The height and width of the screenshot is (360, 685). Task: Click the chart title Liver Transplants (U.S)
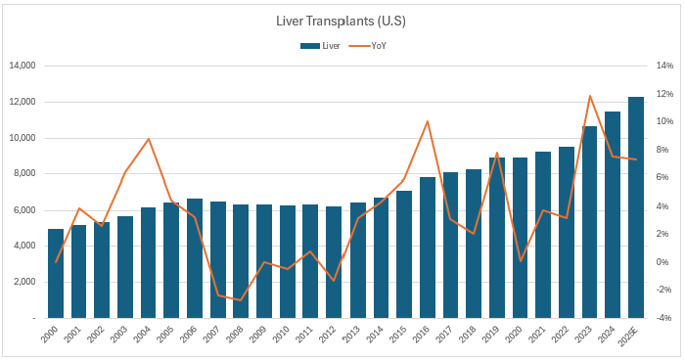tap(342, 20)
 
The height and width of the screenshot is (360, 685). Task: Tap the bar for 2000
tap(56, 273)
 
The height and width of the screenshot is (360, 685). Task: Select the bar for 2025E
tap(636, 207)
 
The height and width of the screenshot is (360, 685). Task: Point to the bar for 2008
tap(242, 261)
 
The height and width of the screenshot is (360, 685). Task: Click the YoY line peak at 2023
tap(590, 96)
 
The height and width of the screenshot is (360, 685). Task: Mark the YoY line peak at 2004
tap(149, 139)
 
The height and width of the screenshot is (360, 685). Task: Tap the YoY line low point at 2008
tap(242, 300)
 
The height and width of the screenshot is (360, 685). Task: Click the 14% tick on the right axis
tap(663, 66)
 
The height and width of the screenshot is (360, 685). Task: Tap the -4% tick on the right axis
tap(663, 318)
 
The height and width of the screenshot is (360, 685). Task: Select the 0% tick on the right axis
tap(662, 262)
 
